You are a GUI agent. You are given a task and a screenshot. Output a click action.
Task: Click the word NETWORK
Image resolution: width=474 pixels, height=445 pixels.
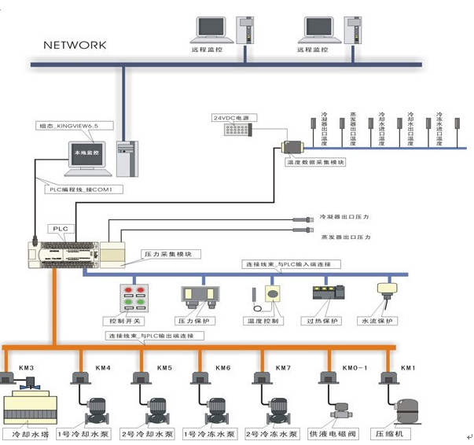click(x=74, y=45)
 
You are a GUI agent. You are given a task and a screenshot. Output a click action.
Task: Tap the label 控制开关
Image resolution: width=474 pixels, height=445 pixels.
click(x=128, y=321)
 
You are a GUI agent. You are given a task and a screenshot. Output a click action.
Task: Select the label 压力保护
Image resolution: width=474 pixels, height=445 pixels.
click(x=196, y=321)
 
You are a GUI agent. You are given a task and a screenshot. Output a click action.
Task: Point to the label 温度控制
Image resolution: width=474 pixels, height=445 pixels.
click(x=264, y=321)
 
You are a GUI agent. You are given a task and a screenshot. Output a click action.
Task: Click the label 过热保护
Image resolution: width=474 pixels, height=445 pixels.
click(x=322, y=321)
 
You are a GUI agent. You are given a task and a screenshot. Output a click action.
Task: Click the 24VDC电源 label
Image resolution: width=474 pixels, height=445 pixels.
click(x=230, y=118)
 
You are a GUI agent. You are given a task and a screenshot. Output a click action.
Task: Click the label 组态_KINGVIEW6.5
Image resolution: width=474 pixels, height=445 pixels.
click(x=76, y=125)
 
